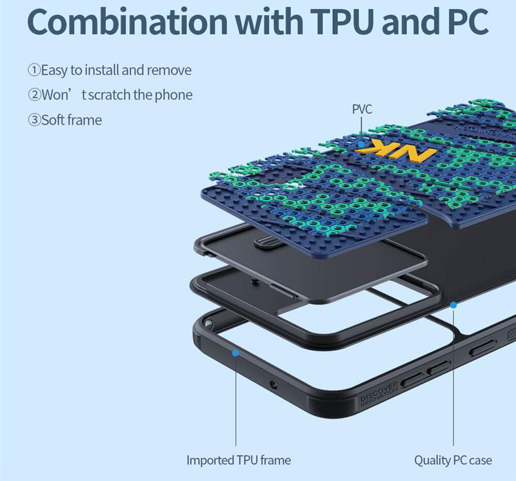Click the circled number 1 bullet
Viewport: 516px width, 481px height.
pyautogui.click(x=34, y=70)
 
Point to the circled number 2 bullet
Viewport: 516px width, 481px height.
pyautogui.click(x=34, y=95)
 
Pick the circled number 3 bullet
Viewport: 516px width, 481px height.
pyautogui.click(x=34, y=120)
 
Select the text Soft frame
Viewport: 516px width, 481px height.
pyautogui.click(x=71, y=120)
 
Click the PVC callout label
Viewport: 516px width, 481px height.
pyautogui.click(x=362, y=110)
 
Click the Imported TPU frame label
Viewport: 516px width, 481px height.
pyautogui.click(x=239, y=460)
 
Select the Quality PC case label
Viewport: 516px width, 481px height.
pyautogui.click(x=453, y=460)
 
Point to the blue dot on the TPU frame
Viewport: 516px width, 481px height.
pyautogui.click(x=235, y=353)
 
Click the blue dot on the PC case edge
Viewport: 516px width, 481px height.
pyautogui.click(x=453, y=304)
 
